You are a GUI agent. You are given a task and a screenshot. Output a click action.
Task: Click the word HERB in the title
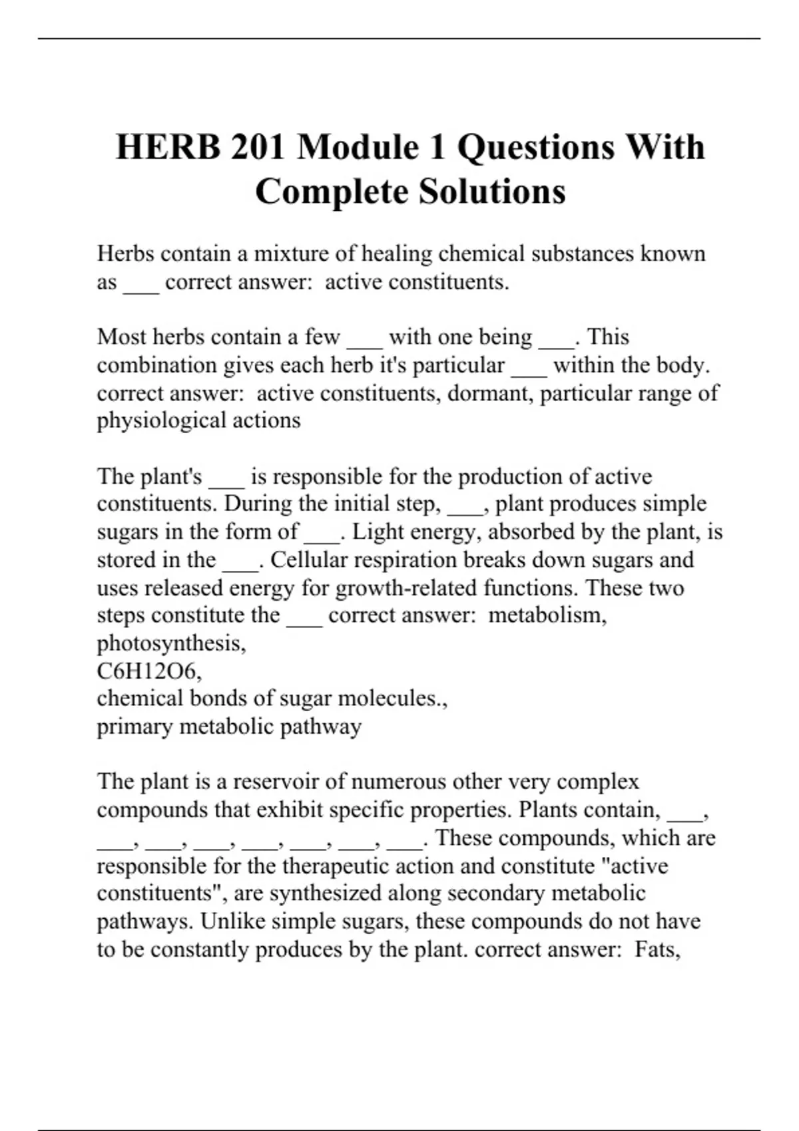coord(168,147)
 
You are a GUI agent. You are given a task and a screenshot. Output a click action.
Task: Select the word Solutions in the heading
coord(492,192)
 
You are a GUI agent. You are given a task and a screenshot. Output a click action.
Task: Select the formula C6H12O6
coord(148,671)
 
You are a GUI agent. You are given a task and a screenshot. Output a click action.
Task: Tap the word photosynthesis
coord(170,643)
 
